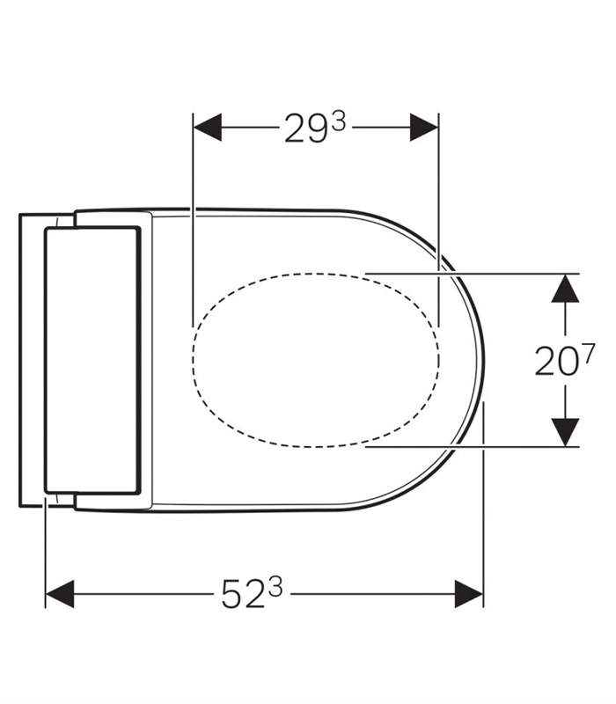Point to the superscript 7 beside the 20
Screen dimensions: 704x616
point(588,352)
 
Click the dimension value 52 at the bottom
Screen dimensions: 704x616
point(244,596)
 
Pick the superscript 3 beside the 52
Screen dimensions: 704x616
point(275,588)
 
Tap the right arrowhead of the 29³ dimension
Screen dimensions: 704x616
point(425,128)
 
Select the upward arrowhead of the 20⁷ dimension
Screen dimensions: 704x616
point(565,287)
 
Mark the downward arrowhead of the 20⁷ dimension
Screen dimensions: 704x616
point(565,432)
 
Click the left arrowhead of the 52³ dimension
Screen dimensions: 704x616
point(59,594)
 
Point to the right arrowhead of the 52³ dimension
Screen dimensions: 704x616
point(469,594)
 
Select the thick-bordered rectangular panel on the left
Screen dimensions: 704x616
point(92,361)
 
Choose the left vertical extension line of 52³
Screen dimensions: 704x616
point(45,554)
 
